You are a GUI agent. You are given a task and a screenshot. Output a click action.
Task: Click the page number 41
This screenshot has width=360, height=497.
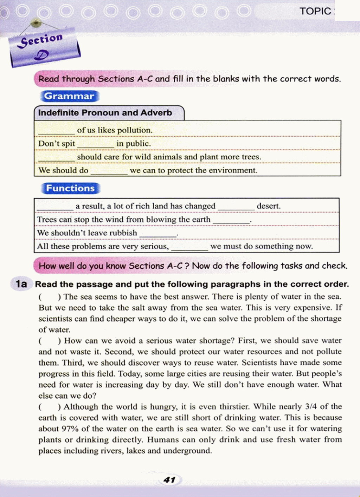coord(169,480)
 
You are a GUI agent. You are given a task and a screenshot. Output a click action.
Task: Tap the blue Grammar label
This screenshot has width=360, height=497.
coord(69,96)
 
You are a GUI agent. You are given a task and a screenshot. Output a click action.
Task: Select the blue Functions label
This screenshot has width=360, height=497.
coord(70,188)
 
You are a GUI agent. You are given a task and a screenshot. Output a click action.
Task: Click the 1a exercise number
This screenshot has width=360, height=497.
coord(21,284)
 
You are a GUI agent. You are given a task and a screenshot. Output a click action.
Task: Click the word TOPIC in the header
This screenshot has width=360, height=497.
coord(315,11)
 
